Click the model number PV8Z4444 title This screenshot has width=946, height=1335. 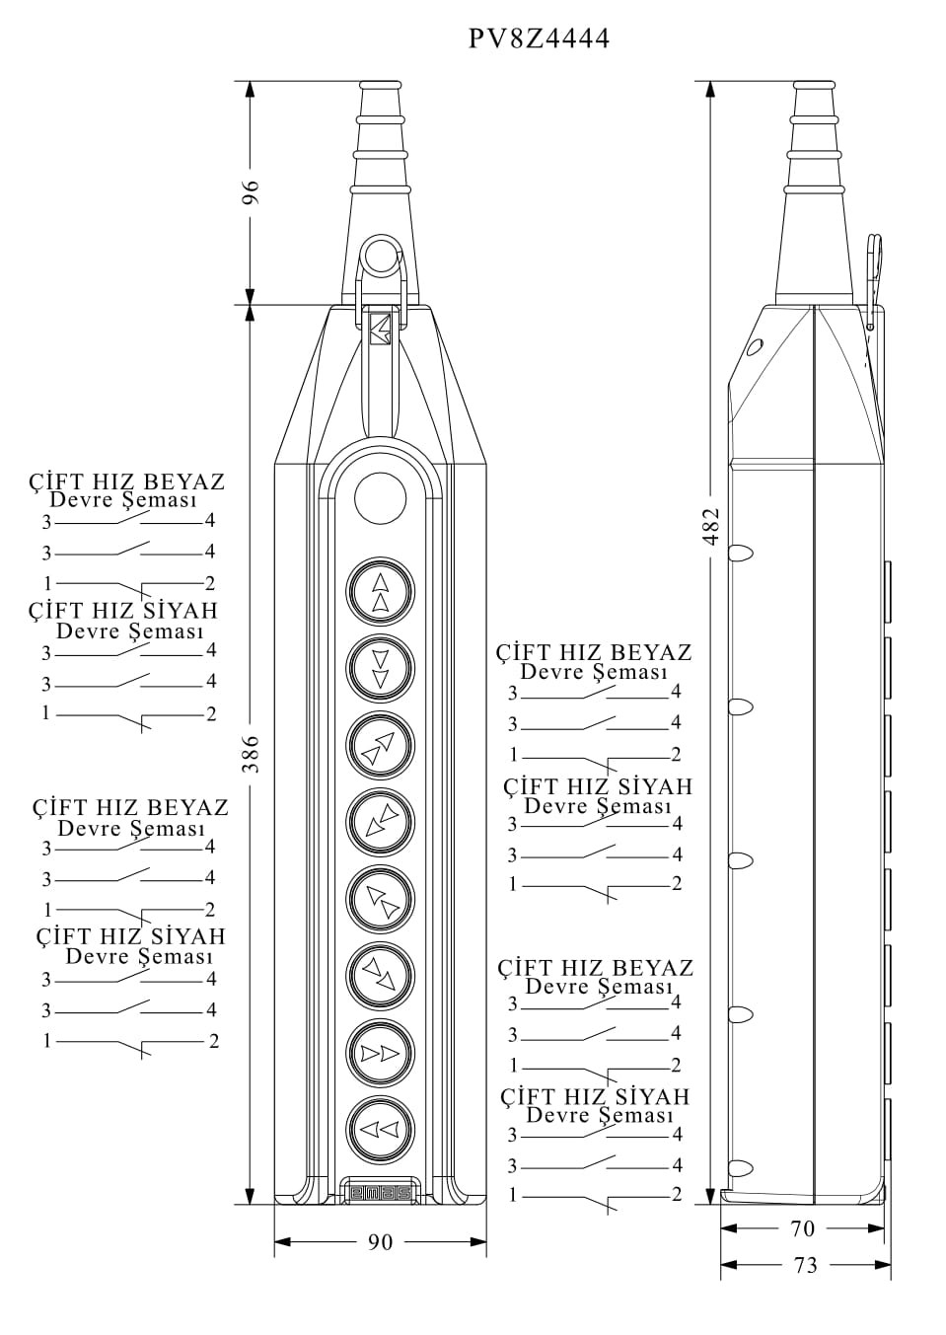pos(539,38)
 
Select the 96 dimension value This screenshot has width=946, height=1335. pos(251,191)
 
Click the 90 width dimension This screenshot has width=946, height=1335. pos(380,1242)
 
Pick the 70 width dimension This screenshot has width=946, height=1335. pos(803,1228)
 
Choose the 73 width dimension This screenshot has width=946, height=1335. pos(805,1265)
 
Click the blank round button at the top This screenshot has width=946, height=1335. pos(380,497)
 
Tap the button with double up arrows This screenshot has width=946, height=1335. pos(380,592)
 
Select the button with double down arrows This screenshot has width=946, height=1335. pos(380,668)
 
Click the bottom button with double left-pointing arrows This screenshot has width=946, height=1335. pos(380,1129)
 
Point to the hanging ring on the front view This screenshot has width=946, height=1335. pos(379,256)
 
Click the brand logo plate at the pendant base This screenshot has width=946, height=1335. pos(381,1193)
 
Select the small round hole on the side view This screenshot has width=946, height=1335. pos(755,346)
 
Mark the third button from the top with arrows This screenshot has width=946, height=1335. pos(380,745)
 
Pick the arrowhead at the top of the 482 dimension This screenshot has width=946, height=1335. pos(711,89)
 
